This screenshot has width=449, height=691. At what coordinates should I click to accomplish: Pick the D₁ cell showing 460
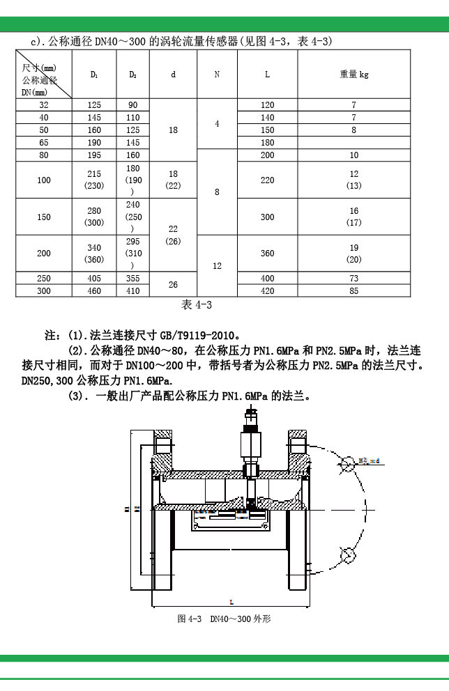coord(94,290)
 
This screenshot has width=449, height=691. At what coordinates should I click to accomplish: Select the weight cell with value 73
coord(354,279)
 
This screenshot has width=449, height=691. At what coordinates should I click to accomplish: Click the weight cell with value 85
coord(354,290)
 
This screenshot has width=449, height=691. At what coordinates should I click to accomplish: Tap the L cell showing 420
coord(268,290)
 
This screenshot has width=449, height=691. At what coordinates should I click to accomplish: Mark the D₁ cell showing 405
coord(94,279)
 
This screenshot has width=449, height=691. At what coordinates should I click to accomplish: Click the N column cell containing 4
coord(217,124)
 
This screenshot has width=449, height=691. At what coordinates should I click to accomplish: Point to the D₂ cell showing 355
coord(133,279)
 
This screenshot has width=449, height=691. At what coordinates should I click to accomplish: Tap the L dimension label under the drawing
coord(231,600)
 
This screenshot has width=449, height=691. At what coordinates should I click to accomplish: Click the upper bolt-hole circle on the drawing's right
coord(347,461)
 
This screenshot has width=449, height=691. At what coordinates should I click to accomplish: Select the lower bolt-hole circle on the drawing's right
coord(347,554)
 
